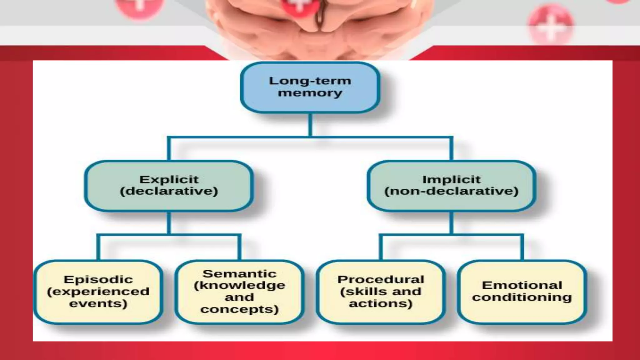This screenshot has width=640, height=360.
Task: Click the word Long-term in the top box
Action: coord(310,81)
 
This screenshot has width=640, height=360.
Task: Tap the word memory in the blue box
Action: coord(310,93)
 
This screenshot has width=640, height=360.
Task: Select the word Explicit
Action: coord(169,180)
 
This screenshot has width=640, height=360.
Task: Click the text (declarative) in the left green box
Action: coord(169,191)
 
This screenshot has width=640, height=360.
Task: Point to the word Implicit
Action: coord(451,180)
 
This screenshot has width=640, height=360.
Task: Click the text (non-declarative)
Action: coord(451,191)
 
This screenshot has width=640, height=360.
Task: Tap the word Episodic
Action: coord(98,279)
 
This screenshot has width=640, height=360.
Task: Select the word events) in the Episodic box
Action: coord(98,303)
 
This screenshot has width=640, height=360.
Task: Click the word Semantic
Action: coord(239,274)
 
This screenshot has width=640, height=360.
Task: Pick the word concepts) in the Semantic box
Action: coord(239,309)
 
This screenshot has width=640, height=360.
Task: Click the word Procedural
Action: coord(381,279)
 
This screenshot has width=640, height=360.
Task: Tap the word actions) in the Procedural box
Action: coord(381,303)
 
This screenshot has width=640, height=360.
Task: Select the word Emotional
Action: coord(522,285)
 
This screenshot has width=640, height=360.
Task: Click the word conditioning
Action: coord(522,297)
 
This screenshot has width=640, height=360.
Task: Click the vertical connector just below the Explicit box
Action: coord(169,222)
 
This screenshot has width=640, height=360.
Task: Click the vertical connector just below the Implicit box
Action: coord(451,222)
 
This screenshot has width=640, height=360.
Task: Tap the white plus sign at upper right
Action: coord(551,28)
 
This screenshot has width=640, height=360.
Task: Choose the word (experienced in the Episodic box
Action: coord(98,292)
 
